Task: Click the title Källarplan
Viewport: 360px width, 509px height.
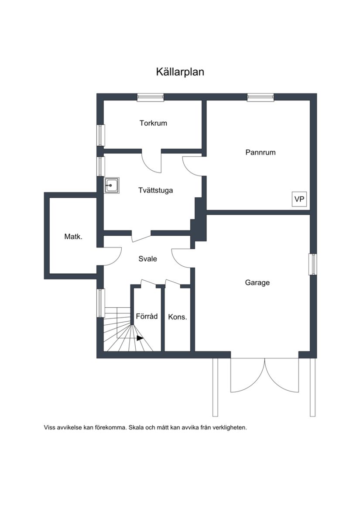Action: click(180, 72)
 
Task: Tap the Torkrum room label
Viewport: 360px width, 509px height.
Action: click(153, 123)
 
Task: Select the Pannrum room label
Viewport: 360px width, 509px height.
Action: click(260, 152)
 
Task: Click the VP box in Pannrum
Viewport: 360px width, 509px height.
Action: click(299, 199)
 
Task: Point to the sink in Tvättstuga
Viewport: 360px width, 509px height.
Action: click(111, 186)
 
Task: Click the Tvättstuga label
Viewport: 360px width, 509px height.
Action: click(155, 190)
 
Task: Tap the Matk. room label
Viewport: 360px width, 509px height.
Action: click(73, 237)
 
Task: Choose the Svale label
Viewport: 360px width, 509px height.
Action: click(147, 259)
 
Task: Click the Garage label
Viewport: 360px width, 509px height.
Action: click(257, 282)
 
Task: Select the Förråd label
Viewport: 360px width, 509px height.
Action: click(147, 316)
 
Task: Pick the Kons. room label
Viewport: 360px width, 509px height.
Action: click(178, 317)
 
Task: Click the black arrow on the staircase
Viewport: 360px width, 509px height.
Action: click(140, 338)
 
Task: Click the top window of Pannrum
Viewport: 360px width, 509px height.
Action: click(260, 97)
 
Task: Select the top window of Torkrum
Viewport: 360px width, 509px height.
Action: click(150, 97)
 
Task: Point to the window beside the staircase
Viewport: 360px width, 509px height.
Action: click(100, 303)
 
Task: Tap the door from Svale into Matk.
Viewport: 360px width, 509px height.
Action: click(112, 256)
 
